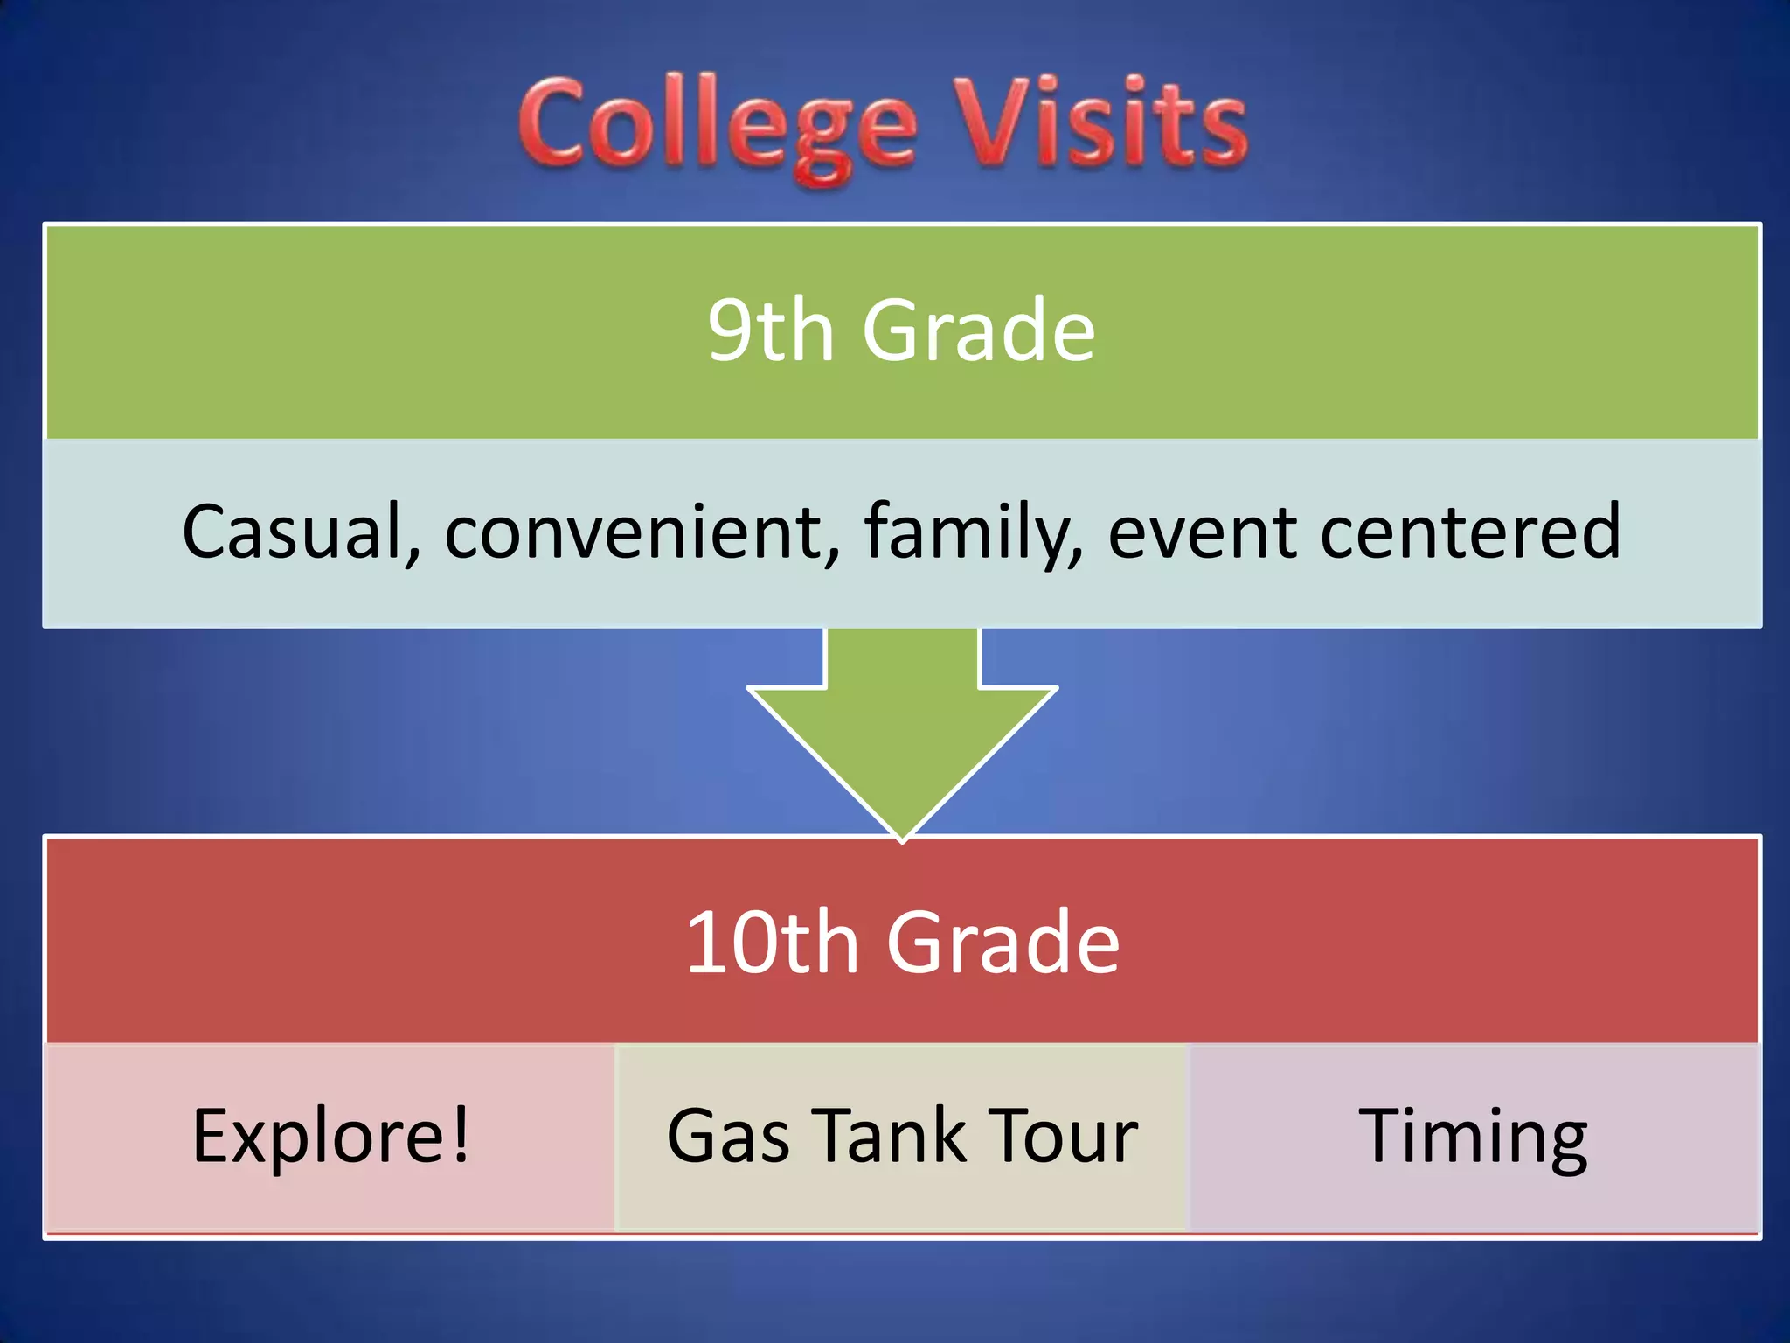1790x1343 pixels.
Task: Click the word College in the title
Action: click(717, 127)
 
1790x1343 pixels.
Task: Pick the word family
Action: click(971, 533)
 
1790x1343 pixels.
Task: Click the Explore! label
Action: click(330, 1137)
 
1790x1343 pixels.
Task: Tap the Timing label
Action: click(1473, 1137)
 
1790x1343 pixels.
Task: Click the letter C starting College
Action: click(552, 122)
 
